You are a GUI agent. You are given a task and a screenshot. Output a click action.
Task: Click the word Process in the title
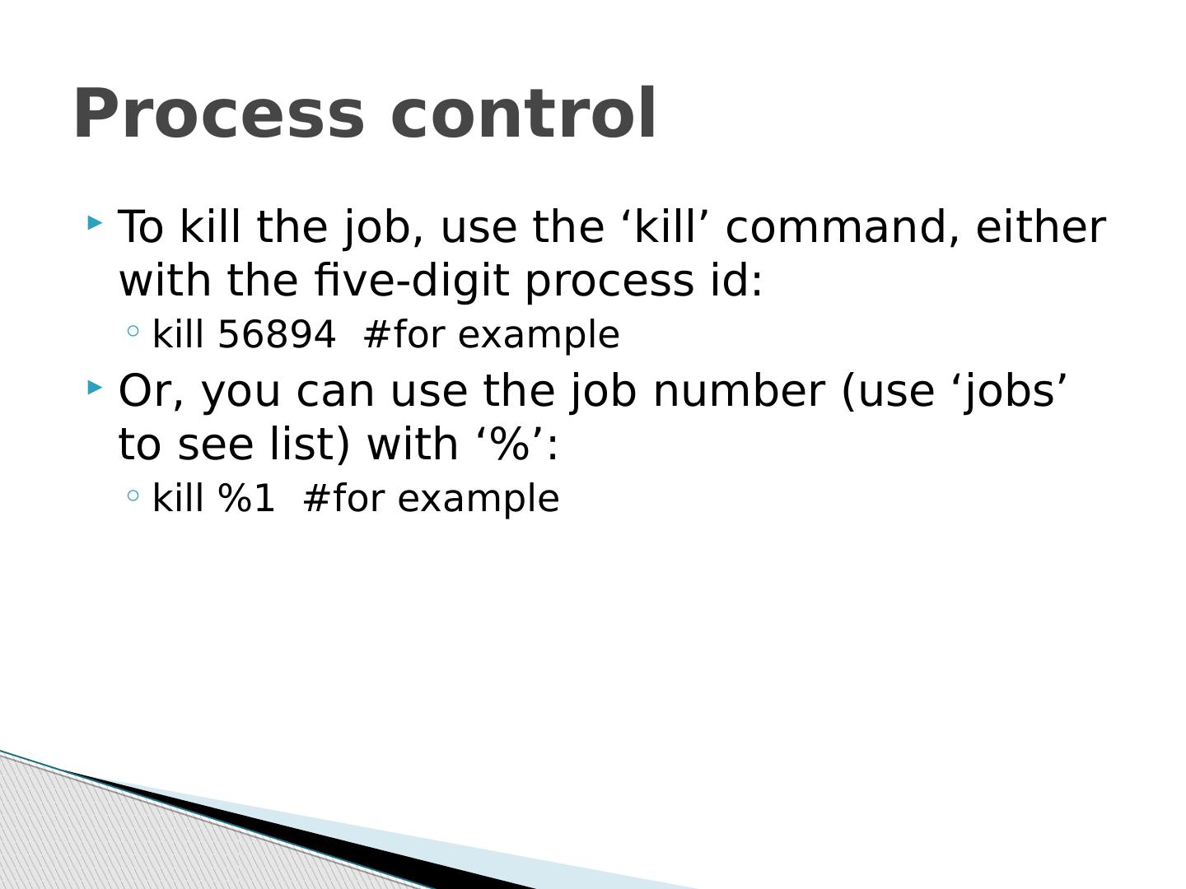tap(219, 114)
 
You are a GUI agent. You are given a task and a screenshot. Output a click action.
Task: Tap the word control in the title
tap(523, 112)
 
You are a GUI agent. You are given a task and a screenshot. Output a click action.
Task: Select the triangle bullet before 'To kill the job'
tap(95, 222)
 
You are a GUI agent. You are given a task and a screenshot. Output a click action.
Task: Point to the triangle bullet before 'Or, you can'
tap(95, 387)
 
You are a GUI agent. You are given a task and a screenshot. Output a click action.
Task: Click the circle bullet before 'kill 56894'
tap(133, 330)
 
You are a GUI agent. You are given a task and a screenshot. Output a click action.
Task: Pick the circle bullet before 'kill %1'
tap(133, 495)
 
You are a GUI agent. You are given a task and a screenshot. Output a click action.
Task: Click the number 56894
tap(277, 335)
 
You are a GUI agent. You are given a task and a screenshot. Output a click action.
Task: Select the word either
tap(1041, 226)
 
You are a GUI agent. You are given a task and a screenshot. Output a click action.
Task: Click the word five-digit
tap(412, 281)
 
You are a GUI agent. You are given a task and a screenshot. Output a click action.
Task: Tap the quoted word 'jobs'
tap(1009, 391)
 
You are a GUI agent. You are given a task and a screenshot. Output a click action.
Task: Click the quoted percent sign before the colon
tap(510, 444)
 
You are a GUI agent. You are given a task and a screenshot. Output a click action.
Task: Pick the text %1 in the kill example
tap(246, 498)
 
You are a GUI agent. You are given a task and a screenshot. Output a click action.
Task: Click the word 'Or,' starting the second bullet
tap(152, 391)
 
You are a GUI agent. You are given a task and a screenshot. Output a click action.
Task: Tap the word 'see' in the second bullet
tap(216, 447)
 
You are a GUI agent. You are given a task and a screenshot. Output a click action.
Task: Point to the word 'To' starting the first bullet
tap(141, 226)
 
